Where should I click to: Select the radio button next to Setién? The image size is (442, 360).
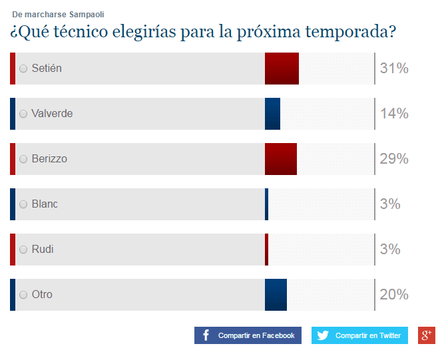point(23,69)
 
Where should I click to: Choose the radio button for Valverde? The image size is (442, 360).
point(23,114)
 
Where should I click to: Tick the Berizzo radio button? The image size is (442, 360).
point(23,159)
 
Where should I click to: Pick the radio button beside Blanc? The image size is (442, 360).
point(23,204)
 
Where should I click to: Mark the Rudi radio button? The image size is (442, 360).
point(23,250)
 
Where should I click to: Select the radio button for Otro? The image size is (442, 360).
point(23,295)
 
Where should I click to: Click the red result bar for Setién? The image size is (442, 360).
point(282,69)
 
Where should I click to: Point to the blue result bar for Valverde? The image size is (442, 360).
point(272,114)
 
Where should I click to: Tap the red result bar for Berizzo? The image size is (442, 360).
point(280,159)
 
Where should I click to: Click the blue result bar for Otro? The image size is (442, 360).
point(276,295)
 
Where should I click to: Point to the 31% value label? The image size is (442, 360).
point(393,69)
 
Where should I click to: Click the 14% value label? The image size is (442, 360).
point(393,114)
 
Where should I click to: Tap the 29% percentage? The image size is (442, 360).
point(393,159)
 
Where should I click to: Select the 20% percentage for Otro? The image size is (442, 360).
point(393,295)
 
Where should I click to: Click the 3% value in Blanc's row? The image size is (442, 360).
point(390,204)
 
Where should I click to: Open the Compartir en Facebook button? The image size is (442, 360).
point(248,335)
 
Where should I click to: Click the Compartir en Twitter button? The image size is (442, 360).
point(359,335)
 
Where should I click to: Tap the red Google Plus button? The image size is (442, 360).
point(426,335)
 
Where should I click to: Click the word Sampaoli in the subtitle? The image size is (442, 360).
point(86,14)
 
